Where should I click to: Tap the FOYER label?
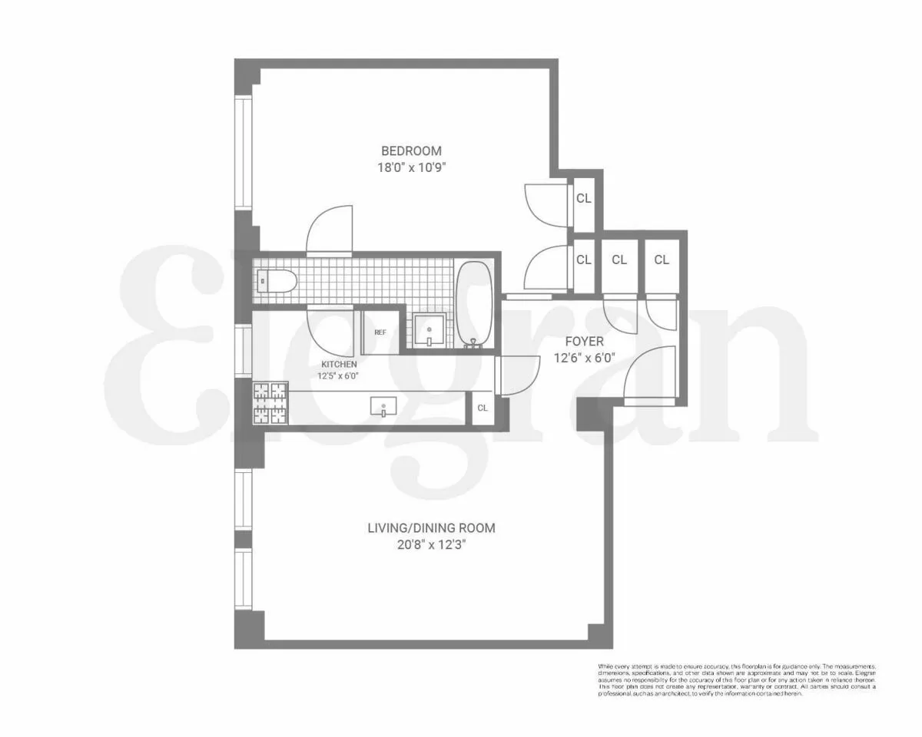[x=584, y=342]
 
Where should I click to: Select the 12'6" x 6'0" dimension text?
[x=584, y=358]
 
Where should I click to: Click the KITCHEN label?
[x=339, y=364]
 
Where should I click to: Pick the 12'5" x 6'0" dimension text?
[x=339, y=376]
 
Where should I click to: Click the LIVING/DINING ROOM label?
[x=430, y=528]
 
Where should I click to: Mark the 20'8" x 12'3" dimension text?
[x=430, y=545]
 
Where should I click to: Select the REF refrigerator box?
[x=380, y=332]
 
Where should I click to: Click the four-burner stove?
[x=271, y=404]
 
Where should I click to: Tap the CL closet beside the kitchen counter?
[x=482, y=408]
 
